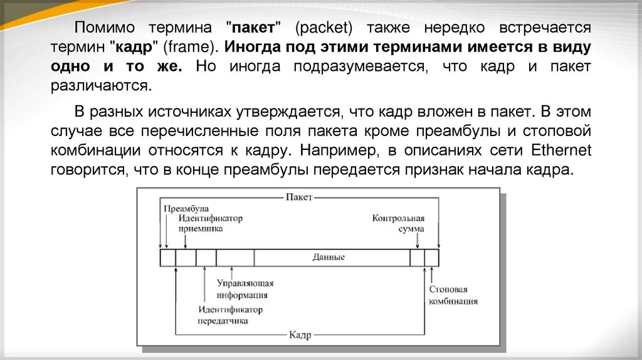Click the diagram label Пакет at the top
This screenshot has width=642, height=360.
(299, 197)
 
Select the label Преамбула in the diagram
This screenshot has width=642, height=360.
(186, 208)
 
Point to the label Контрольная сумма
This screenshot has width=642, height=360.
(399, 224)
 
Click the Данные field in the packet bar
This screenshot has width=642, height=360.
(329, 258)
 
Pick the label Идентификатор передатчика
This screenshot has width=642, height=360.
(223, 315)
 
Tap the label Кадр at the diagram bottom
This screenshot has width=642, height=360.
(300, 335)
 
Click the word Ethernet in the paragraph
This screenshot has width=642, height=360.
(561, 152)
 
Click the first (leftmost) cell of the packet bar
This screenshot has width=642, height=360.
(168, 258)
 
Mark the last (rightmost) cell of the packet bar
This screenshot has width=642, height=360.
(432, 258)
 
